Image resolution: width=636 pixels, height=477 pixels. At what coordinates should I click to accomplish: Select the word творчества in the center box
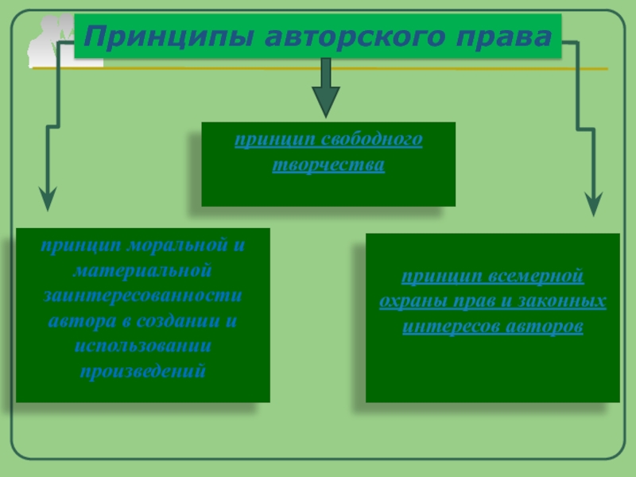coord(328,165)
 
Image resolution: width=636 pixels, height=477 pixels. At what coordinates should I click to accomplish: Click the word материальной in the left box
coord(142,270)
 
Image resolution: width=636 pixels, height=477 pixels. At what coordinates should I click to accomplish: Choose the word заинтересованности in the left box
coord(142,296)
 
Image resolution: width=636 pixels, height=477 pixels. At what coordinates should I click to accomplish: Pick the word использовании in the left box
coord(142,347)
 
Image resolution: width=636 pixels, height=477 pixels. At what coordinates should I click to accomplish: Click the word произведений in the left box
coord(142,371)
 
